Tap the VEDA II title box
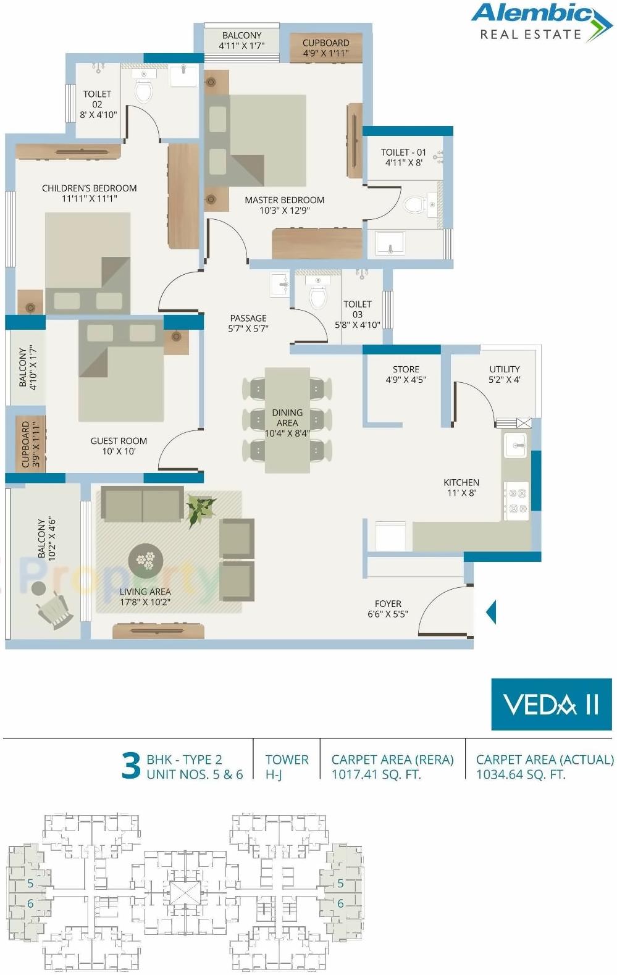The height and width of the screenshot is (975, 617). click(x=551, y=704)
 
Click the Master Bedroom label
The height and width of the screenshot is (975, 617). click(x=284, y=200)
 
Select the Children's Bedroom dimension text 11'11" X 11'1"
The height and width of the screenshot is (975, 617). click(x=89, y=199)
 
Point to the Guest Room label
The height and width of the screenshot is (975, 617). click(x=119, y=441)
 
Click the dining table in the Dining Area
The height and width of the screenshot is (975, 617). click(x=287, y=420)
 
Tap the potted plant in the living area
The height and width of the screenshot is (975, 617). click(x=201, y=510)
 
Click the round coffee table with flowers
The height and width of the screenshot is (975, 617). click(x=146, y=560)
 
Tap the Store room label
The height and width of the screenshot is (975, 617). click(x=406, y=369)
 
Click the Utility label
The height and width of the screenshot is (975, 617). click(x=505, y=369)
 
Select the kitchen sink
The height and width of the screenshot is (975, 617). click(x=515, y=445)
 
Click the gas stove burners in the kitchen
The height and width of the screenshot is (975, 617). click(x=516, y=501)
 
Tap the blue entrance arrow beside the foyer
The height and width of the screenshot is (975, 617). click(x=491, y=612)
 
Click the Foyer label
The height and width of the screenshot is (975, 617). click(x=388, y=604)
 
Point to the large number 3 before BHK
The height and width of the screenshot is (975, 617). click(x=131, y=766)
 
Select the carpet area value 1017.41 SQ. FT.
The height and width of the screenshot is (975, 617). click(x=376, y=774)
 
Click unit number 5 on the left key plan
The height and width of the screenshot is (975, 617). click(x=30, y=883)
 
